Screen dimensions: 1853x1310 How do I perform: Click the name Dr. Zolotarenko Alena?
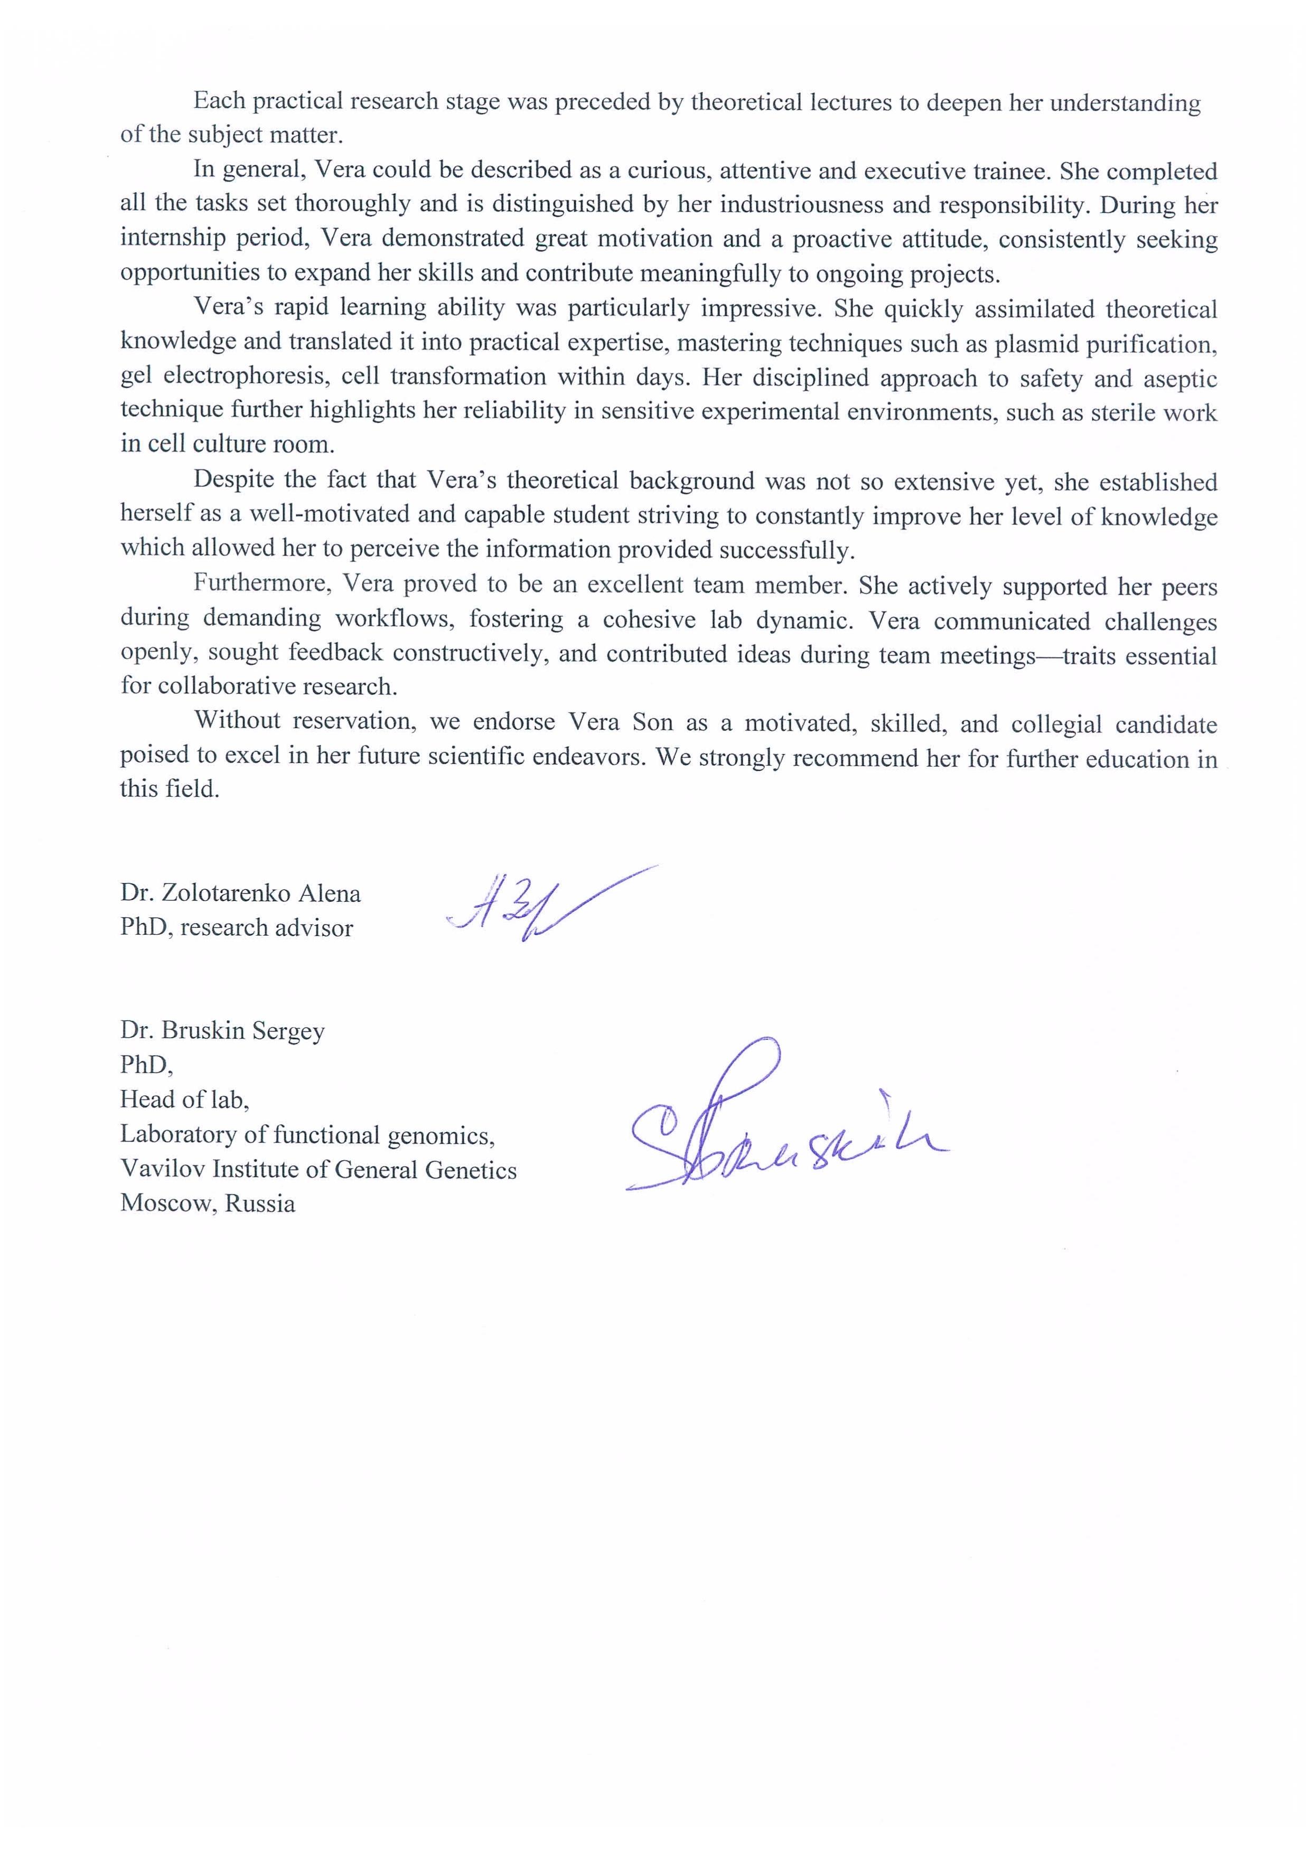point(240,893)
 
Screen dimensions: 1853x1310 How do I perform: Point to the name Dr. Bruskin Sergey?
point(223,1031)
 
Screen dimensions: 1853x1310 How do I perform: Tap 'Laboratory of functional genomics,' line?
point(307,1135)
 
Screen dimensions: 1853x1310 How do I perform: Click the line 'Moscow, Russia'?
point(208,1203)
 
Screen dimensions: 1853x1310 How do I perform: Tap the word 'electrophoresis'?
point(245,378)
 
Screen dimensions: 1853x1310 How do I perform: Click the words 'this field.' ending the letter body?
point(170,788)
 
